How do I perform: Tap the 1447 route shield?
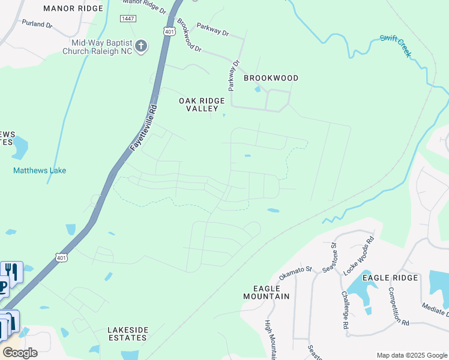pos(127,19)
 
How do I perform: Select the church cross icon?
pos(141,46)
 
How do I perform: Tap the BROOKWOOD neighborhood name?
pos(271,78)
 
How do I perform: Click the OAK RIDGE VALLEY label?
pos(202,104)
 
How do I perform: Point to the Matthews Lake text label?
pos(40,170)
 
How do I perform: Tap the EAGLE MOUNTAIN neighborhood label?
pos(267,292)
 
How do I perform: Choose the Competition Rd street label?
pos(398,306)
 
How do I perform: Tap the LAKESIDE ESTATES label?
pos(127,334)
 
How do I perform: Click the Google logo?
pos(20,352)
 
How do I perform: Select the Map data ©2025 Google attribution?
pos(412,355)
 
